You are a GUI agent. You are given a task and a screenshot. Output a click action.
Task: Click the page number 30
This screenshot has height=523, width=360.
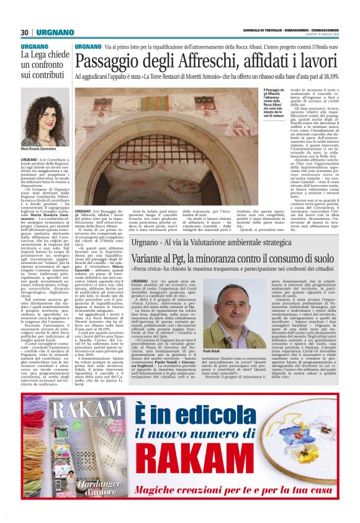[x=24, y=32]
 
